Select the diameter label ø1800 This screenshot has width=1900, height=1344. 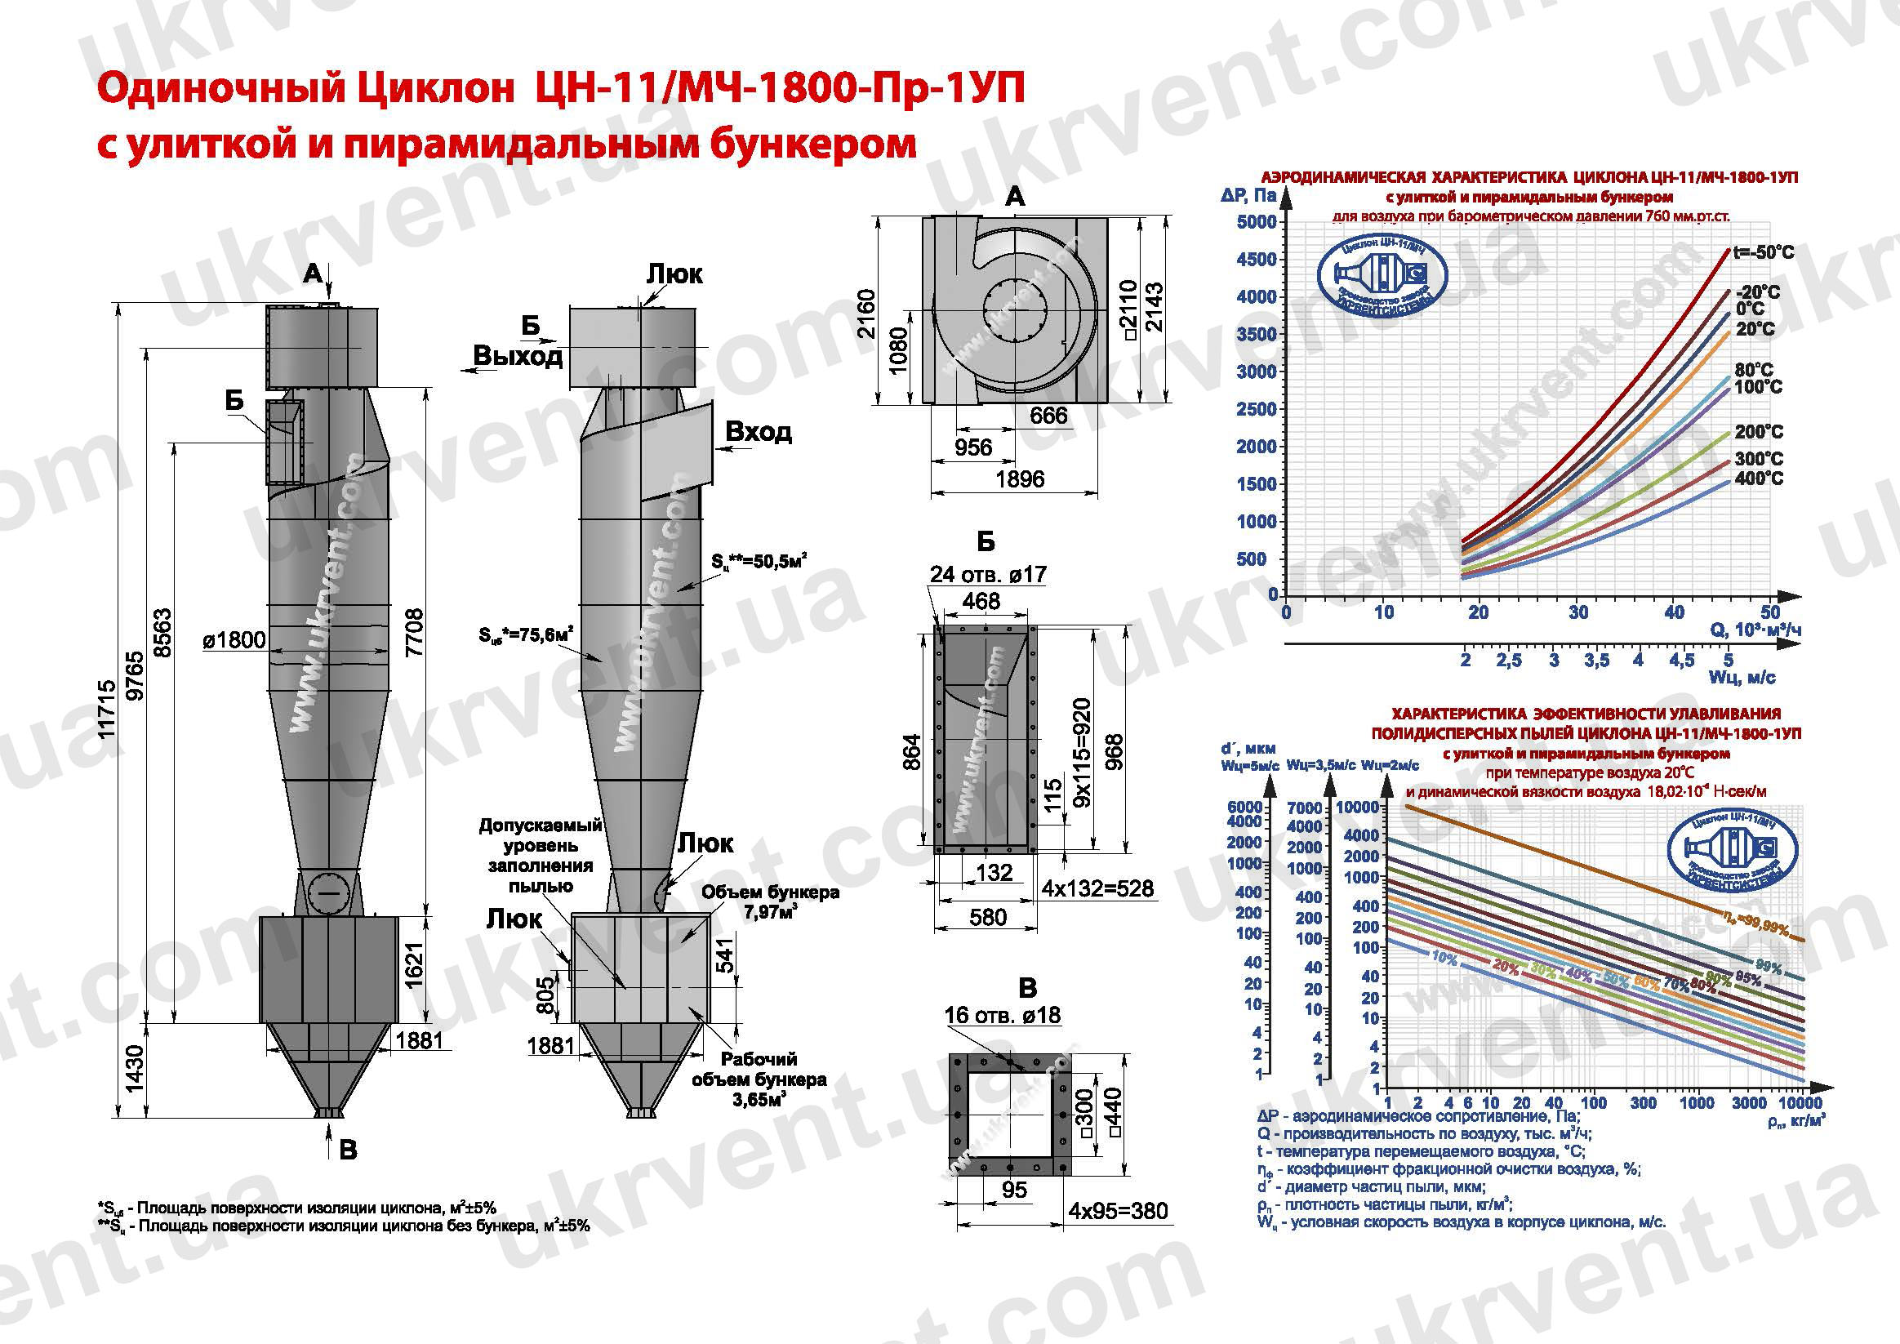[235, 639]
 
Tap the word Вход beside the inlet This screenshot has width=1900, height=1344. [758, 431]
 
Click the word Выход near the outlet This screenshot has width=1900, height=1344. [518, 356]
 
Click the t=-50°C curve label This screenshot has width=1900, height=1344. [1764, 252]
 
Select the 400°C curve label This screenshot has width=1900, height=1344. [1760, 478]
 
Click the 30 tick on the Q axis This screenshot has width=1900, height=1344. [1578, 612]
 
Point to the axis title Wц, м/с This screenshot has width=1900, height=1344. [1742, 678]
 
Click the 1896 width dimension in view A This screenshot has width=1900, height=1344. [1020, 479]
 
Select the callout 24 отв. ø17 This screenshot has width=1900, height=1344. [988, 573]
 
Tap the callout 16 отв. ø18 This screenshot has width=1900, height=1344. [1002, 1015]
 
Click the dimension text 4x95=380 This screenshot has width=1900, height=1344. [1118, 1211]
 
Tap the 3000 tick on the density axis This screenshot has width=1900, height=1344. [1750, 1102]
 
